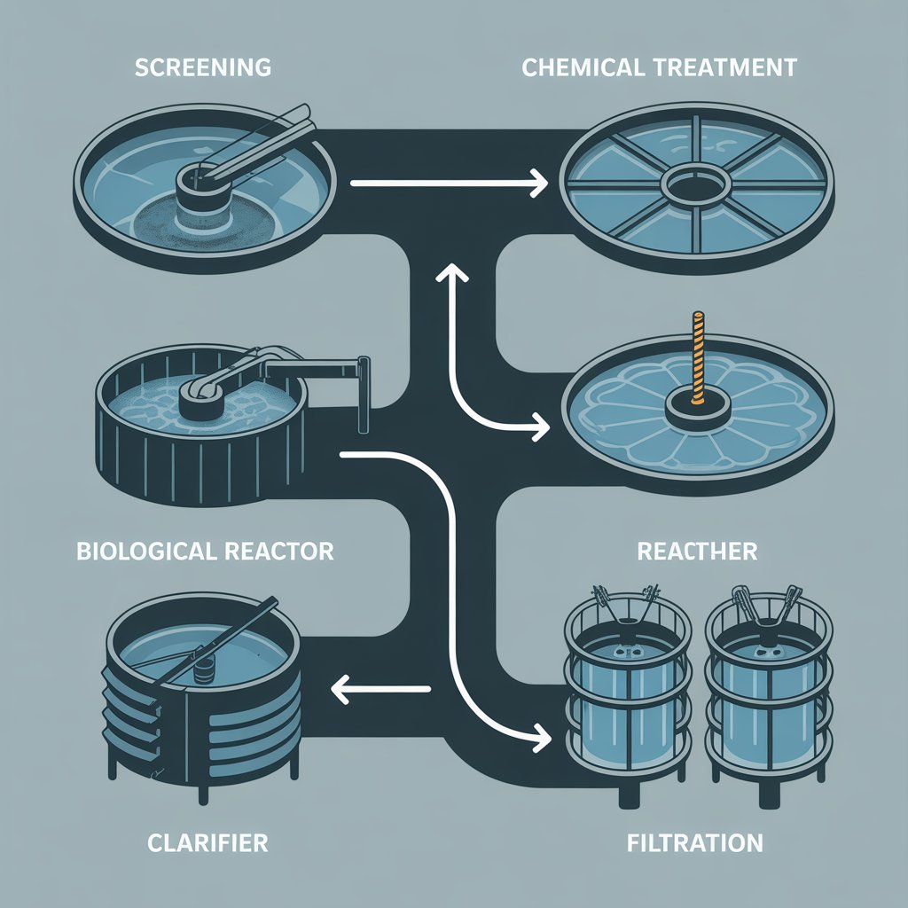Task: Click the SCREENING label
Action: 203,67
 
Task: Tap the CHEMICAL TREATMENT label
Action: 659,67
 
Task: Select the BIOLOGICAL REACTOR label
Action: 206,551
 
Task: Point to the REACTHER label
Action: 697,551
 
